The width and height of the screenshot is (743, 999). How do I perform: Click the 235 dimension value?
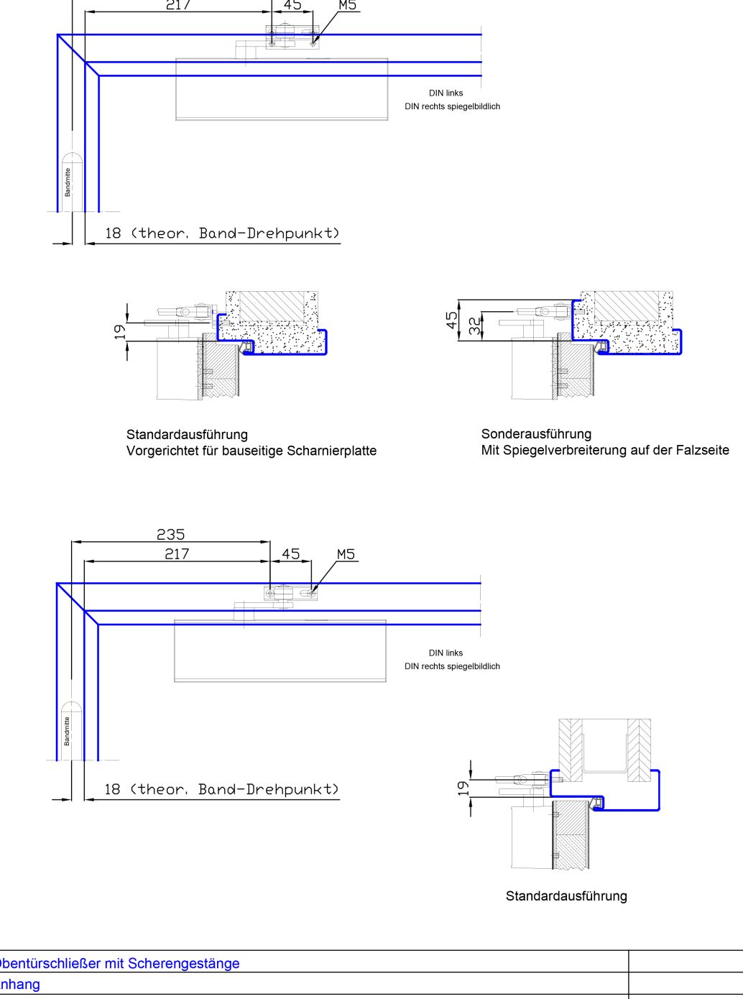click(171, 534)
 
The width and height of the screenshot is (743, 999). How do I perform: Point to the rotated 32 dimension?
click(474, 326)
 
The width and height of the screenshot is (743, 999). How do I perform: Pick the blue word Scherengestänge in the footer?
click(184, 963)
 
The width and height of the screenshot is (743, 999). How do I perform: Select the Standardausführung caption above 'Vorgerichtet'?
click(187, 434)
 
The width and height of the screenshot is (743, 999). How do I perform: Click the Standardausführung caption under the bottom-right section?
click(566, 896)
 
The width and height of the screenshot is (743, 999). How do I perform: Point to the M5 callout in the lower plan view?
click(346, 554)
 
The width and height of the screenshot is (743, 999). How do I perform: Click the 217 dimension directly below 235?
click(177, 553)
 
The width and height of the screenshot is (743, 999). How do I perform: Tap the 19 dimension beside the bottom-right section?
click(464, 788)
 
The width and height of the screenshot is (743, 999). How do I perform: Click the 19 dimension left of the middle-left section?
click(120, 331)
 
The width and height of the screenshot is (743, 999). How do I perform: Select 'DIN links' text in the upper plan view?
click(446, 93)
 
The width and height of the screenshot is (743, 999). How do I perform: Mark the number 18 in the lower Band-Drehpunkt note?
click(112, 789)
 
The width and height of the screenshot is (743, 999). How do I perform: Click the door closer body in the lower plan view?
click(280, 651)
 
